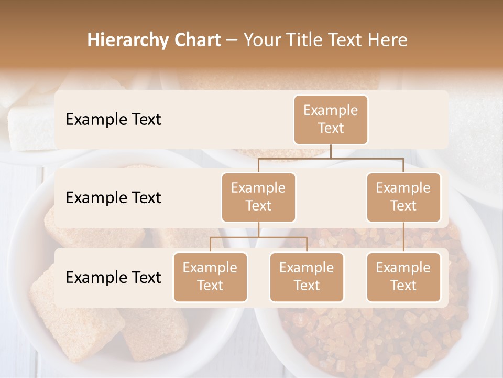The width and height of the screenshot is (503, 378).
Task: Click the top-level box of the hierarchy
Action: click(x=331, y=120)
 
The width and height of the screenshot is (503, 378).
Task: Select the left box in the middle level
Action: click(x=258, y=197)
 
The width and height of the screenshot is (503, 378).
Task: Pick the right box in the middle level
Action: click(x=403, y=197)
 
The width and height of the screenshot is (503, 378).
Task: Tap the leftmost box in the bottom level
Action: click(x=210, y=277)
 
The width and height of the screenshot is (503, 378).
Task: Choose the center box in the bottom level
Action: click(x=307, y=277)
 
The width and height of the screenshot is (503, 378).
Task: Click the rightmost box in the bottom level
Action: click(x=403, y=277)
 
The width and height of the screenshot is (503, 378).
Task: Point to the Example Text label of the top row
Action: click(x=113, y=120)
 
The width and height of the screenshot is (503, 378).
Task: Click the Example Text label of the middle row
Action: click(x=113, y=198)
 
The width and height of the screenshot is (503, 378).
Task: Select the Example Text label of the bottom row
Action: click(x=113, y=278)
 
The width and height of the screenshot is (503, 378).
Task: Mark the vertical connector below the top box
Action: click(x=331, y=151)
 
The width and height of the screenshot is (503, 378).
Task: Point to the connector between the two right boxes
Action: click(x=403, y=237)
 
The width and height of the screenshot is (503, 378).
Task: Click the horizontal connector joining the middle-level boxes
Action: click(x=331, y=158)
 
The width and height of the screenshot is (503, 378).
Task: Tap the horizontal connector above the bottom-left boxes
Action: click(x=258, y=237)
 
